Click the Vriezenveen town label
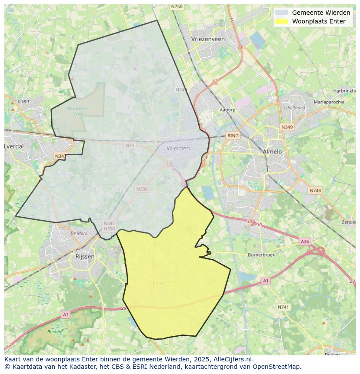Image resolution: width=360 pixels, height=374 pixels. [x=208, y=39]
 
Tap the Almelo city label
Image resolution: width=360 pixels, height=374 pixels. [x=272, y=152]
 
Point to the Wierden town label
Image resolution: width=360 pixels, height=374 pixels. [x=178, y=148]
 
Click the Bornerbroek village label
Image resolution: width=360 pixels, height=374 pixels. [x=261, y=255]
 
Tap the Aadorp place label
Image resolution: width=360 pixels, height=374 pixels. [x=227, y=110]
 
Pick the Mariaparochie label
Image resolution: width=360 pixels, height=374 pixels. [x=329, y=102]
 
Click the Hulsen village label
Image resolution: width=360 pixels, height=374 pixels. [x=22, y=101]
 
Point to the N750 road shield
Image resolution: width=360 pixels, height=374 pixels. [x=177, y=7]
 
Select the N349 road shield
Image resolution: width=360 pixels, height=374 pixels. [x=287, y=127]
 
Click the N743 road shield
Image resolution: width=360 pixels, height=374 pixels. [x=315, y=191]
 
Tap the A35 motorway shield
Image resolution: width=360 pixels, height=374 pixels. [x=305, y=241]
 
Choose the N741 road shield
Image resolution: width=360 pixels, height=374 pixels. [x=283, y=307]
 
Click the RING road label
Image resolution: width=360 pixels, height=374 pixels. [x=233, y=136]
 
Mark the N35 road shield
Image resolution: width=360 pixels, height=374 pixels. [x=130, y=146]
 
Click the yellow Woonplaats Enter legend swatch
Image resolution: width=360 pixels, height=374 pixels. [x=282, y=21]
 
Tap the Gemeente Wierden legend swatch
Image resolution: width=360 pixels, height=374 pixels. [x=282, y=13]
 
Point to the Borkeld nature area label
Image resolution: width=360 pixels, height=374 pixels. [x=55, y=331]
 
